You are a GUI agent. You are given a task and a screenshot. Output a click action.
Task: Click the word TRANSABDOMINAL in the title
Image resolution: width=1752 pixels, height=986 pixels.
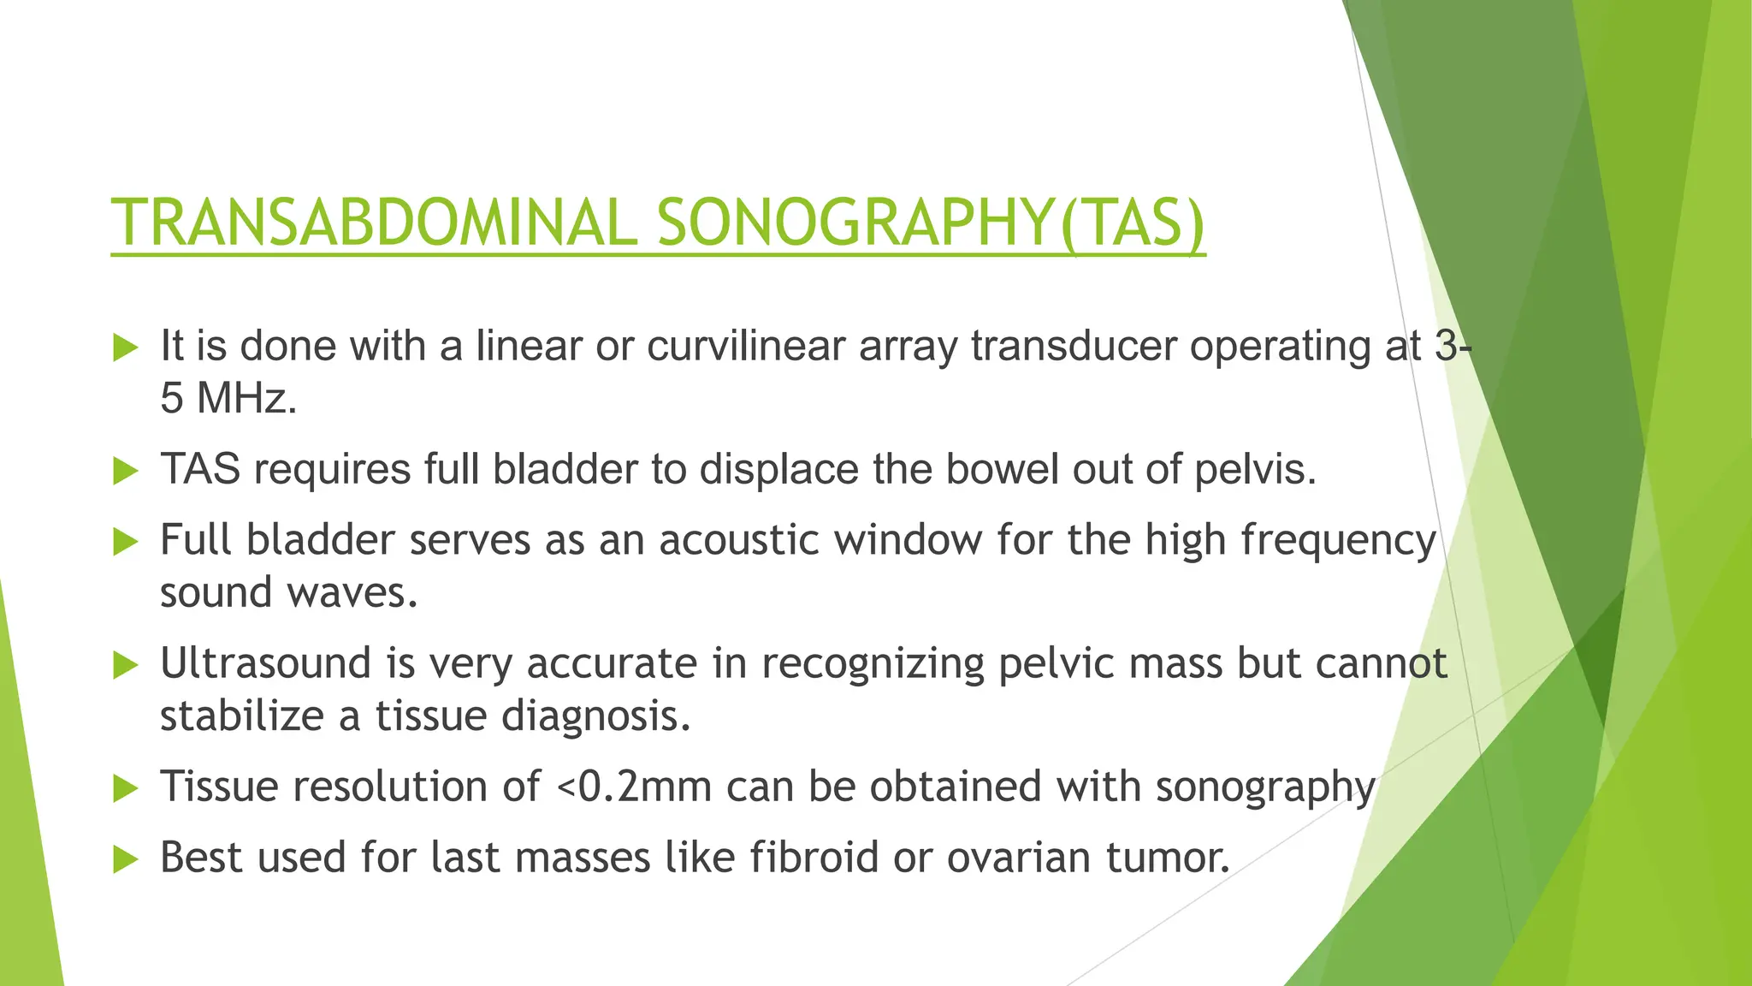tap(373, 223)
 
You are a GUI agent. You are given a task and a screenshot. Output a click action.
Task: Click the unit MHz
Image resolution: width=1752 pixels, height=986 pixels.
tap(246, 399)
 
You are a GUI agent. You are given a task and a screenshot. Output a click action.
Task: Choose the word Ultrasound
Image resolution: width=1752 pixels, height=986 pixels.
tap(265, 663)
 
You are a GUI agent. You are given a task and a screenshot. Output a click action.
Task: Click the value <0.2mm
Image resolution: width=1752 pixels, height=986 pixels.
tap(634, 787)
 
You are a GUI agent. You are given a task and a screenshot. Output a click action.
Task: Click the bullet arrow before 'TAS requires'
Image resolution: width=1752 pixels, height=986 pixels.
tap(125, 471)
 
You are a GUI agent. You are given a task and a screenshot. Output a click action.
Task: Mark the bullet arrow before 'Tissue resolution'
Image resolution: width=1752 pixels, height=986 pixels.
tap(125, 788)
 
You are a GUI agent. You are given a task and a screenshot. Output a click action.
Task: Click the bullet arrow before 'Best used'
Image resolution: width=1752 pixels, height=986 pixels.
tap(125, 859)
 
